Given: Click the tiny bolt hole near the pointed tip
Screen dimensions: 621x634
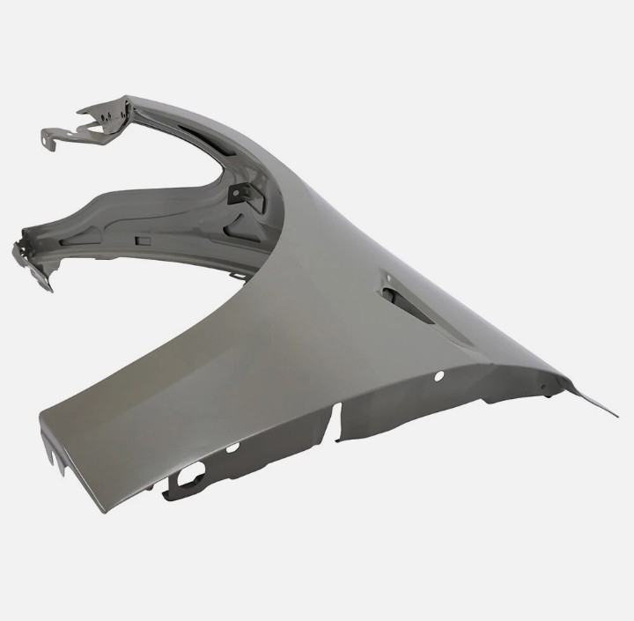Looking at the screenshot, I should [543, 387].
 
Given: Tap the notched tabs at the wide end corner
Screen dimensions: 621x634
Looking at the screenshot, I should [55, 457].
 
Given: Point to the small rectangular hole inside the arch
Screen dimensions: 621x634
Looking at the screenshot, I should [142, 239].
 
